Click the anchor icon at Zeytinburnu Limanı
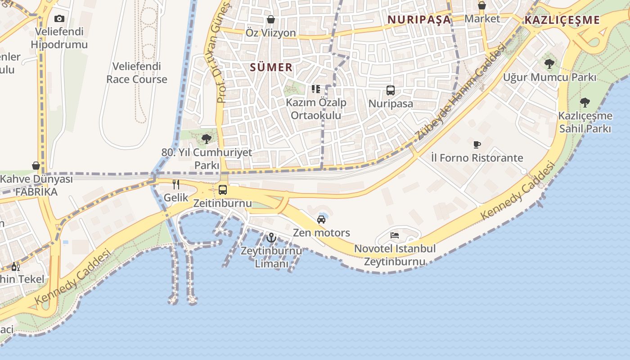click(271, 237)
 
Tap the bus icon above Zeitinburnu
click(223, 189)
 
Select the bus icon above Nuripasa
click(391, 90)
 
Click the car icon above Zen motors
click(321, 220)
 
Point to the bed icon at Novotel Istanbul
click(395, 235)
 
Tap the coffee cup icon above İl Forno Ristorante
click(477, 144)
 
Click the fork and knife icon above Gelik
click(176, 184)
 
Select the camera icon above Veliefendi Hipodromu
click(59, 18)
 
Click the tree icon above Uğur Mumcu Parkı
click(549, 64)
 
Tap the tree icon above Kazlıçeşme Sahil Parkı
click(585, 103)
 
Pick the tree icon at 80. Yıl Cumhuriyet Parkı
click(207, 139)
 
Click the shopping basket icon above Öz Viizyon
click(271, 19)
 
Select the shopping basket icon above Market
click(482, 5)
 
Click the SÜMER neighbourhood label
click(271, 67)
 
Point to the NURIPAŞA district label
click(419, 19)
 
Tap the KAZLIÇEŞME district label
click(562, 20)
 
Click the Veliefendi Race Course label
click(137, 73)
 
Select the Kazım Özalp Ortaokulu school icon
click(316, 89)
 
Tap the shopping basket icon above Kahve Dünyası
click(36, 166)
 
